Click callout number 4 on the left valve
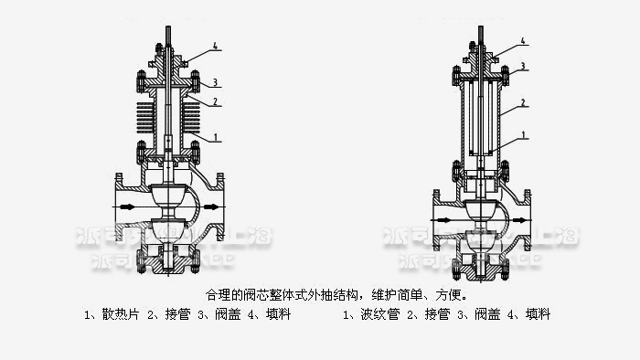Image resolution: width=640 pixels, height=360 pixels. [x=215, y=45]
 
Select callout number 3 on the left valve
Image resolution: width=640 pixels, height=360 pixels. [x=215, y=82]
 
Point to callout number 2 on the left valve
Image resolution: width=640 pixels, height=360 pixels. [x=215, y=102]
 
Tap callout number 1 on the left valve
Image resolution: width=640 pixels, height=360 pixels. [x=215, y=137]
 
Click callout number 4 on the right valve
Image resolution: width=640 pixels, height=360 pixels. [x=523, y=41]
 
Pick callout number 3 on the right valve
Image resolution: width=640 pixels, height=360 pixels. [x=523, y=67]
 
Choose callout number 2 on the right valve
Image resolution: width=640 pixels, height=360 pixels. [x=523, y=102]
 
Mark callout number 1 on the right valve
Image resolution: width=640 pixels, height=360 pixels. [x=523, y=136]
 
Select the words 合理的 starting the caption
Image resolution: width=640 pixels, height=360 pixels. [x=222, y=295]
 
